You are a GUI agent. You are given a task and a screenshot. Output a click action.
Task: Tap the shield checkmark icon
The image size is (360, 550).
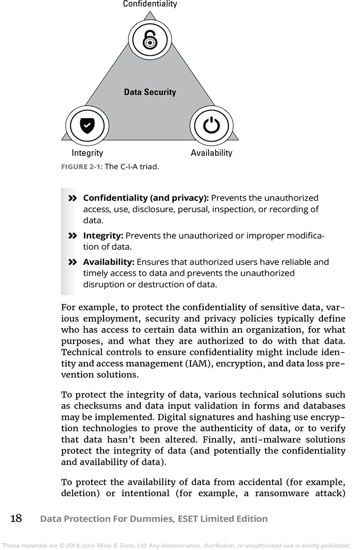[x=87, y=125]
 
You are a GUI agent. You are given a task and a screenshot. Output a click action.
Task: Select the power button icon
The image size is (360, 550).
[x=211, y=125]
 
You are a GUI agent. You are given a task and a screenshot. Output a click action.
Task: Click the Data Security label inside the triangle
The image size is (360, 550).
[x=150, y=92]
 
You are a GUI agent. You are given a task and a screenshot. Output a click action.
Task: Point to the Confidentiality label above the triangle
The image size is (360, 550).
[x=150, y=4]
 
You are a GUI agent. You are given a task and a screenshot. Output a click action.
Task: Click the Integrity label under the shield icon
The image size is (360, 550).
[x=87, y=153]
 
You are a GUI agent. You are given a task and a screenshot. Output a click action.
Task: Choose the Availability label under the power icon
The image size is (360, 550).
[x=211, y=153]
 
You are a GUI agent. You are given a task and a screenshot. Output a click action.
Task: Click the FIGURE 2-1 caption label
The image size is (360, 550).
[x=82, y=167]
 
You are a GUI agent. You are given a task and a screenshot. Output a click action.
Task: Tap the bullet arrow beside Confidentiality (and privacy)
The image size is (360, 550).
[x=72, y=198]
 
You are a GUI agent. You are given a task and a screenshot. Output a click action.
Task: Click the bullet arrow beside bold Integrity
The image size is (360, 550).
[x=72, y=236]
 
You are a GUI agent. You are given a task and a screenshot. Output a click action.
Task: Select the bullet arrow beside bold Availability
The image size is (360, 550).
[x=72, y=263]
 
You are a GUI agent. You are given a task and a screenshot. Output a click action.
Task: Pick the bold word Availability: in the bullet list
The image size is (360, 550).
[x=109, y=263]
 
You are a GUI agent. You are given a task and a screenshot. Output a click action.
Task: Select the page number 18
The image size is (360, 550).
[x=16, y=519]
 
